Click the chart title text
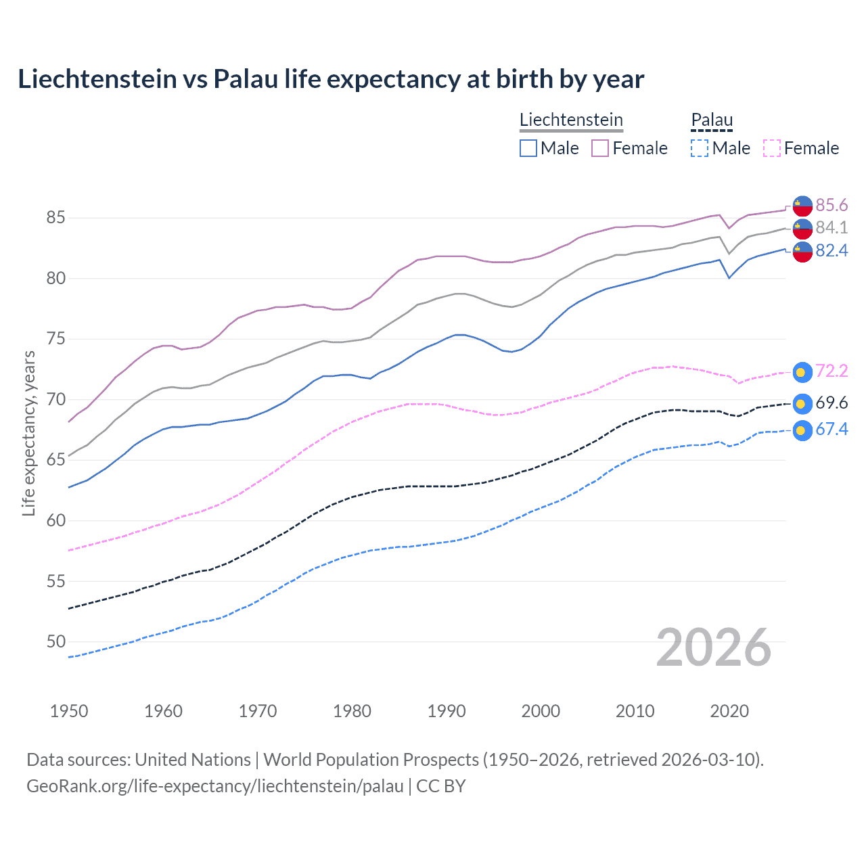click(x=331, y=79)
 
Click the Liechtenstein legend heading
click(x=571, y=120)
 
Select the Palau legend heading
click(x=712, y=120)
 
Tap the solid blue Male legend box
click(x=528, y=148)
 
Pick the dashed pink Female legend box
click(x=771, y=148)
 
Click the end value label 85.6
click(x=831, y=205)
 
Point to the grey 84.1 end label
click(x=831, y=227)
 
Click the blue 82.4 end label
click(x=831, y=250)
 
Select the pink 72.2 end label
click(x=831, y=371)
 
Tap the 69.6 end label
click(x=831, y=403)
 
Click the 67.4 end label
click(x=831, y=429)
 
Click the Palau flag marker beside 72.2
click(x=802, y=371)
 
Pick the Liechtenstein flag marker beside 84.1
click(x=802, y=229)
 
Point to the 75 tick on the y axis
click(x=55, y=338)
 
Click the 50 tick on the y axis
click(x=55, y=641)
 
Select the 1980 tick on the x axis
click(x=352, y=711)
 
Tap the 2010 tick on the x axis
click(x=635, y=711)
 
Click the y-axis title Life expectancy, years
click(x=28, y=433)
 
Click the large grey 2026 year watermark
click(x=713, y=647)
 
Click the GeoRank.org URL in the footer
click(x=214, y=786)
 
